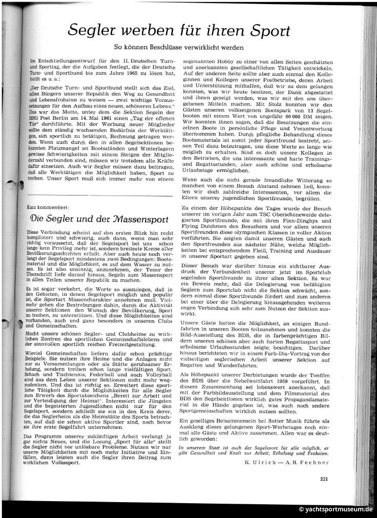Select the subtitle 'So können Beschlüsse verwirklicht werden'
[x=185, y=47]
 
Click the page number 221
[x=323, y=479]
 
